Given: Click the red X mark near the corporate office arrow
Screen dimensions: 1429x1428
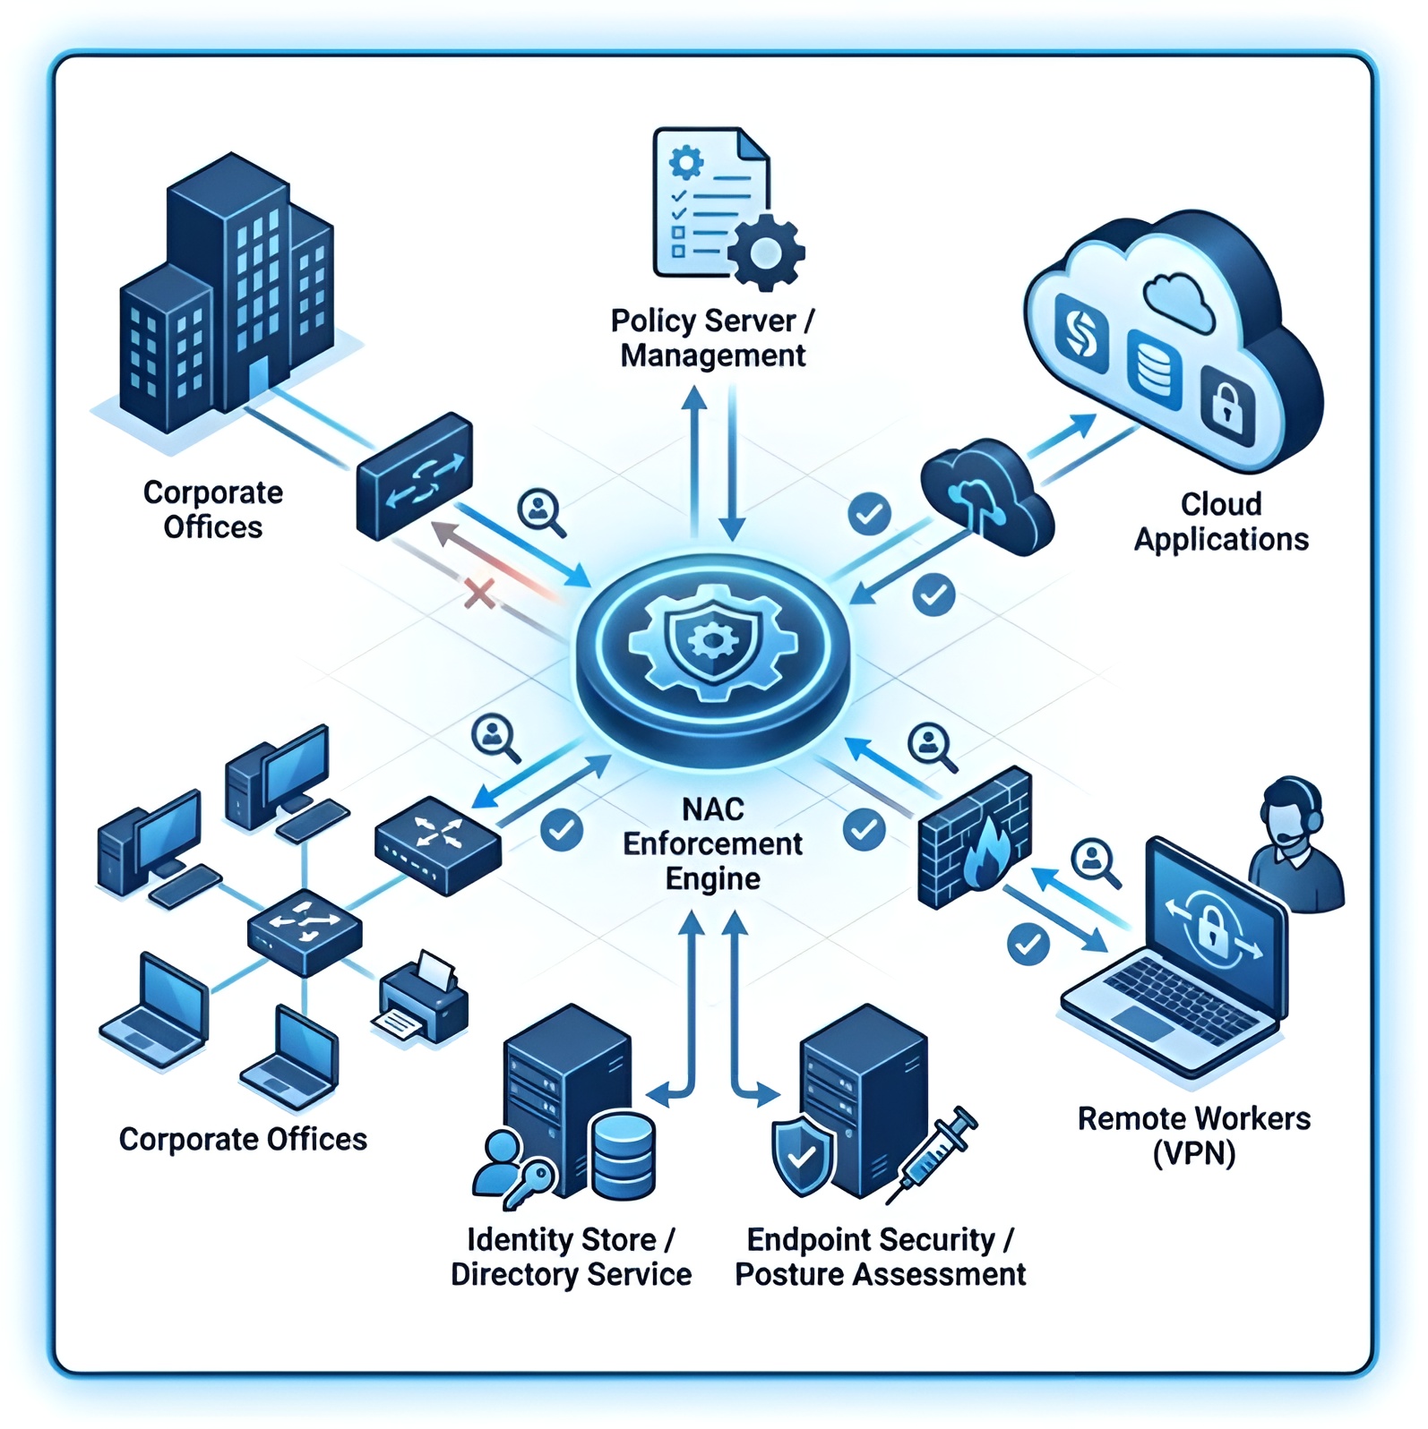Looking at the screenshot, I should pyautogui.click(x=480, y=592).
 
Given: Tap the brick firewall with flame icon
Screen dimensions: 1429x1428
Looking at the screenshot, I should pyautogui.click(x=975, y=838).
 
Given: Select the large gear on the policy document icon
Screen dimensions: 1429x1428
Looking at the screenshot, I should pyautogui.click(x=764, y=252).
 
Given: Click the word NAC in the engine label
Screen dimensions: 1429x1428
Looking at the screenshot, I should pyautogui.click(x=712, y=809).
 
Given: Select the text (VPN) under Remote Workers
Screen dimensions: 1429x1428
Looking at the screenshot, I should pyautogui.click(x=1193, y=1153).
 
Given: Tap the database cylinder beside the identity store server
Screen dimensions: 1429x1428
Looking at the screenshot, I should pyautogui.click(x=624, y=1155).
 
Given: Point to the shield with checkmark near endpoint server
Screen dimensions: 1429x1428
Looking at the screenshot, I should pyautogui.click(x=803, y=1155).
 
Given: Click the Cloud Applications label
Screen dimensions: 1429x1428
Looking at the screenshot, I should pyautogui.click(x=1220, y=522).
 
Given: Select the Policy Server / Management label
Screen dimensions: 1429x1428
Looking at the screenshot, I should pyautogui.click(x=712, y=338).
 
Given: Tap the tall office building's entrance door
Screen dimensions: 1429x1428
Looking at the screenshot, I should pyautogui.click(x=259, y=381).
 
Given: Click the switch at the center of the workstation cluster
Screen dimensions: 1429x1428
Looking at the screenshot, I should pyautogui.click(x=305, y=931).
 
